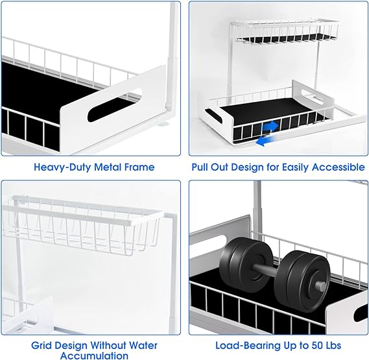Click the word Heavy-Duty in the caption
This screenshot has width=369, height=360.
62,167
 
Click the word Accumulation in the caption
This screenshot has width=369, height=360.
94,355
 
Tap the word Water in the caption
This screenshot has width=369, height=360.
143,345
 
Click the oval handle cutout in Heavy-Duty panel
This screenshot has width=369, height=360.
115,105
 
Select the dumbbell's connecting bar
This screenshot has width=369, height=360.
266,270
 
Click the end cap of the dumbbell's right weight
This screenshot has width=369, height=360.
321,286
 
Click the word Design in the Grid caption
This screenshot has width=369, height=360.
70,346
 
